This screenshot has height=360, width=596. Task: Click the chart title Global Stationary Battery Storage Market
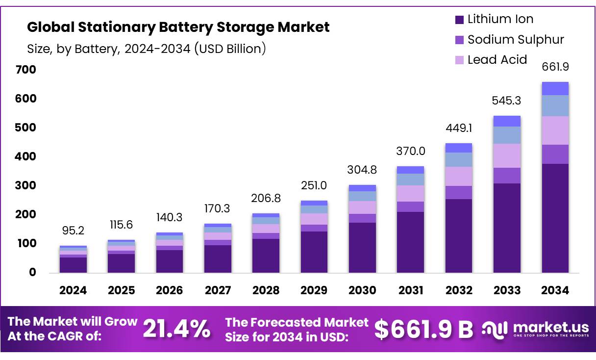(x=178, y=27)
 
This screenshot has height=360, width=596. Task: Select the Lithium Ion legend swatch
(x=459, y=20)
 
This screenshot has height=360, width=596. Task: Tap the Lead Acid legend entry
(x=497, y=60)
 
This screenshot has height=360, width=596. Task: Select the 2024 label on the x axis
(x=73, y=290)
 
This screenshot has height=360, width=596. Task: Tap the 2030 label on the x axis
(x=362, y=290)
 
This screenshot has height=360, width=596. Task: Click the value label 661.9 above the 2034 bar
(x=555, y=67)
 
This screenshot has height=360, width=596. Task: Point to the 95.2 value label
(x=73, y=231)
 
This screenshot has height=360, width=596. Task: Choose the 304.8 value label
(x=362, y=170)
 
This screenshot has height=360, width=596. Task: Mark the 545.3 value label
(x=507, y=101)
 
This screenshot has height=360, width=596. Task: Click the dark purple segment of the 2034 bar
(x=555, y=218)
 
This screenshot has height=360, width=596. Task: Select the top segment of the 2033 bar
(x=507, y=121)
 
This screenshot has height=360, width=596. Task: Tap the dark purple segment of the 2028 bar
(x=266, y=256)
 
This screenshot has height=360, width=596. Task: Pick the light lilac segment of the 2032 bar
(x=459, y=176)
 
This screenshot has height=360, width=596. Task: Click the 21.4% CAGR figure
(x=176, y=329)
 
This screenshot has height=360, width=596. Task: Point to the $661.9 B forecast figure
(x=423, y=329)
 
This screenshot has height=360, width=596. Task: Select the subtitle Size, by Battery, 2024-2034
(x=147, y=49)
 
